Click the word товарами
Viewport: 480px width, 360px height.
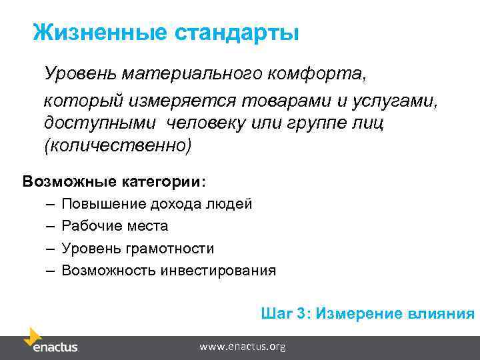pos(288,101)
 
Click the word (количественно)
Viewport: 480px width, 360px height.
pos(117,145)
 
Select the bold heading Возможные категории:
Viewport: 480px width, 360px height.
pos(115,181)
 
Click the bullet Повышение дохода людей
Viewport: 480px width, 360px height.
pos(157,204)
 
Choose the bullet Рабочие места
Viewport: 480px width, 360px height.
pos(115,226)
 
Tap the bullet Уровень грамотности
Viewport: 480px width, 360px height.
pos(138,249)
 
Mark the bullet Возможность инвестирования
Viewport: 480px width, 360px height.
pos(169,271)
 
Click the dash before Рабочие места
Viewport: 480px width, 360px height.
pos(51,226)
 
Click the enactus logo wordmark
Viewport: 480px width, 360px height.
pos(55,347)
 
